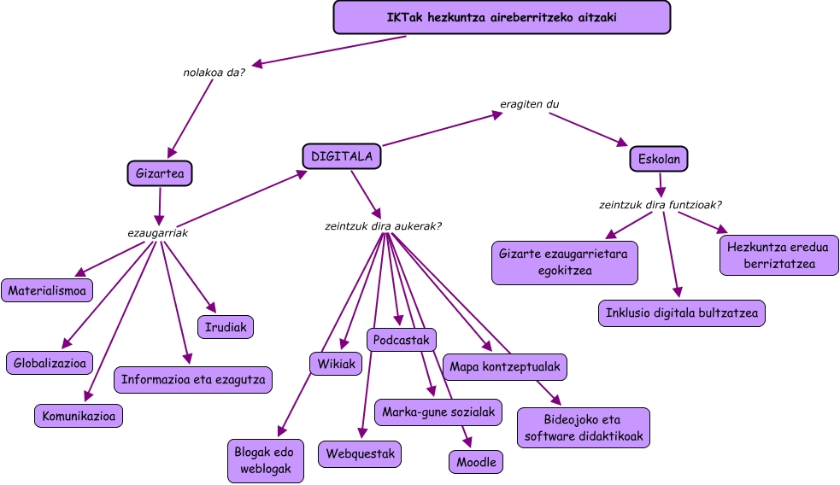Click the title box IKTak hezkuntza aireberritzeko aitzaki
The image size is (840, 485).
click(502, 17)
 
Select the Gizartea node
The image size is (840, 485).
click(160, 173)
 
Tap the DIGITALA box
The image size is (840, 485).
click(342, 156)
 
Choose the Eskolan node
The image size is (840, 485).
click(659, 159)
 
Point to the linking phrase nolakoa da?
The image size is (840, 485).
click(214, 72)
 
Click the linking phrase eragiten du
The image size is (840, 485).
click(529, 104)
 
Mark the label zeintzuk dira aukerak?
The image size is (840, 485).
click(384, 226)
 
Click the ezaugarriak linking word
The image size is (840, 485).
click(157, 232)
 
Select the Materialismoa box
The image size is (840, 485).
click(47, 291)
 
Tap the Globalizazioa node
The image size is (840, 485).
click(50, 363)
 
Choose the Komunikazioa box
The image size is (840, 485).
click(79, 416)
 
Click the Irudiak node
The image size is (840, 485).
click(226, 326)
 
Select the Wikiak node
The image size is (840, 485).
click(336, 364)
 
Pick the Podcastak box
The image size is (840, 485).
click(402, 340)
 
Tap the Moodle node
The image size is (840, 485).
click(476, 462)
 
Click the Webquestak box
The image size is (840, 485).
click(360, 453)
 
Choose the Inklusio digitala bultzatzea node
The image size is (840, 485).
click(681, 313)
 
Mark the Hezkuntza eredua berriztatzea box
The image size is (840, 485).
click(778, 255)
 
